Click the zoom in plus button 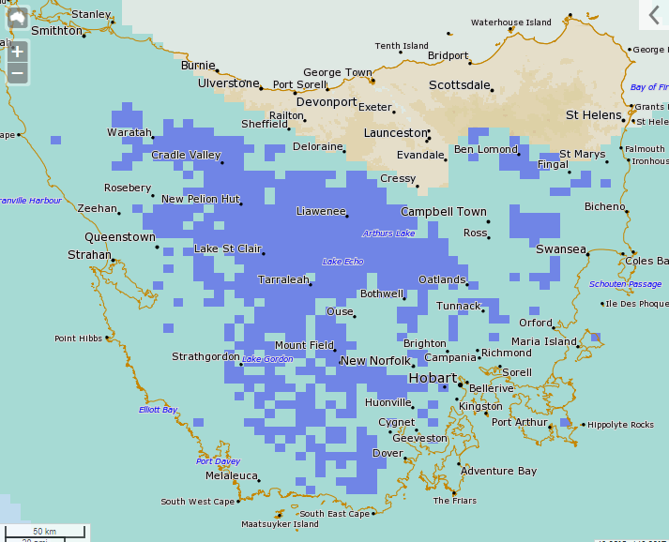[17, 51]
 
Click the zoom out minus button [17, 73]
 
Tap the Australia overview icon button [17, 17]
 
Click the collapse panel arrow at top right [654, 15]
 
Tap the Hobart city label [433, 378]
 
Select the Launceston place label [395, 133]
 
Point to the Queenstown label [120, 237]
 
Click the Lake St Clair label [227, 248]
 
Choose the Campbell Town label [444, 212]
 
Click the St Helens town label [592, 114]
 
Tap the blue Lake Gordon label [267, 359]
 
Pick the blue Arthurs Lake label [388, 233]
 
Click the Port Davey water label [218, 461]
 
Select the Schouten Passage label [625, 284]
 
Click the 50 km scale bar [45, 532]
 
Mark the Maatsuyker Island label [280, 524]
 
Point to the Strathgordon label [205, 356]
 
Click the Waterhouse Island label [511, 23]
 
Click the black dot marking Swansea [590, 249]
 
